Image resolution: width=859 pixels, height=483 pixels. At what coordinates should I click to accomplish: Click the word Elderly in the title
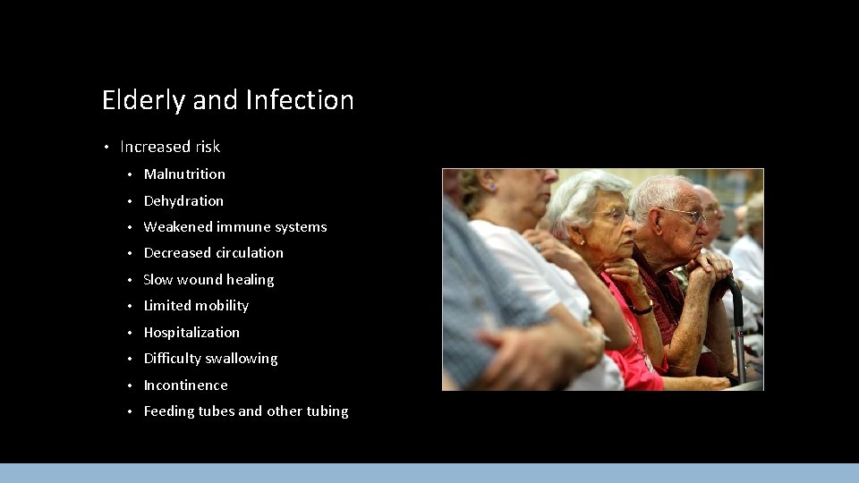[143, 100]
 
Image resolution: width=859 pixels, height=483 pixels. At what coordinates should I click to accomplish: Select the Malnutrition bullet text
[184, 174]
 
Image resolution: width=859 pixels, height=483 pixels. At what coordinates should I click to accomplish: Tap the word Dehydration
[183, 201]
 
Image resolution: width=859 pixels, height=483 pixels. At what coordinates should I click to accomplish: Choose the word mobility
[222, 306]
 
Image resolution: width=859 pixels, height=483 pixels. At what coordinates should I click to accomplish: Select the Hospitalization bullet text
[191, 333]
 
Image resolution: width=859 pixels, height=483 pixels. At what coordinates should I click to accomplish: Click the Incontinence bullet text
[185, 386]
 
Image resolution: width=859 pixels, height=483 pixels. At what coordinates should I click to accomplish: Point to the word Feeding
[169, 411]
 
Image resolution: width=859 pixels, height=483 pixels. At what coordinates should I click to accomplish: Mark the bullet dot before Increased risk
[106, 147]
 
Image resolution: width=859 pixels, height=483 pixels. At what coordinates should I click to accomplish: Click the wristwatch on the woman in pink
[642, 309]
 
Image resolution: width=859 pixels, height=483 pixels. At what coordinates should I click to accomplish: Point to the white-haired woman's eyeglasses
[612, 215]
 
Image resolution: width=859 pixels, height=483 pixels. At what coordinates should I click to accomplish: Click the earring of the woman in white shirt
[491, 188]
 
